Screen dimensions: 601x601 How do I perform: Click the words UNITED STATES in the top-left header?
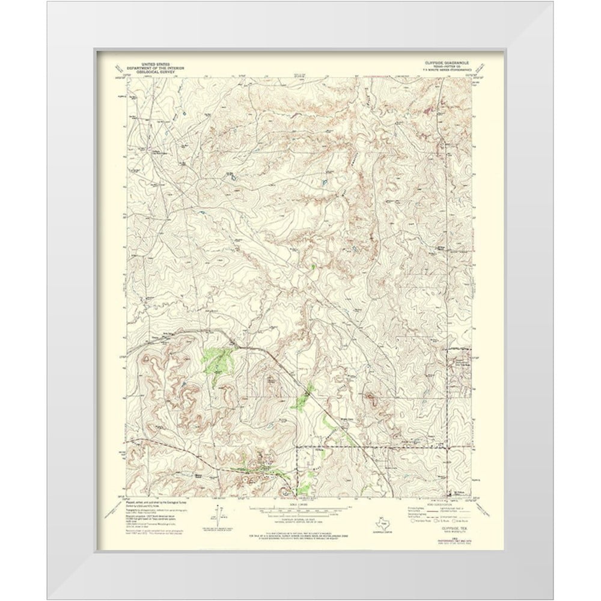tap(155, 63)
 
